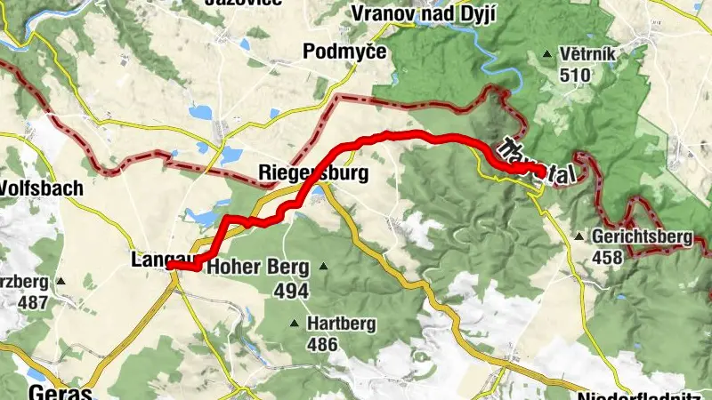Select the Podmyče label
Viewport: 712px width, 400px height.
[344, 52]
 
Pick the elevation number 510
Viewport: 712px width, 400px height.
[576, 76]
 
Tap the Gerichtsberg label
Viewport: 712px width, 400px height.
[640, 237]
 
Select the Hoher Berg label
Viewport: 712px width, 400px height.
[257, 267]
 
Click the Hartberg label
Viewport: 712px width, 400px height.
[341, 324]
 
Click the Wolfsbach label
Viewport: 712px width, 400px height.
[41, 188]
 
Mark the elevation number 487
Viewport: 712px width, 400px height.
[32, 300]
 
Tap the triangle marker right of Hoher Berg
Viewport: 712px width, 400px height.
[324, 267]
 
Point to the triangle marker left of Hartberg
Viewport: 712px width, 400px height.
[294, 324]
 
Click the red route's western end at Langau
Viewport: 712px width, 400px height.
[170, 265]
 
